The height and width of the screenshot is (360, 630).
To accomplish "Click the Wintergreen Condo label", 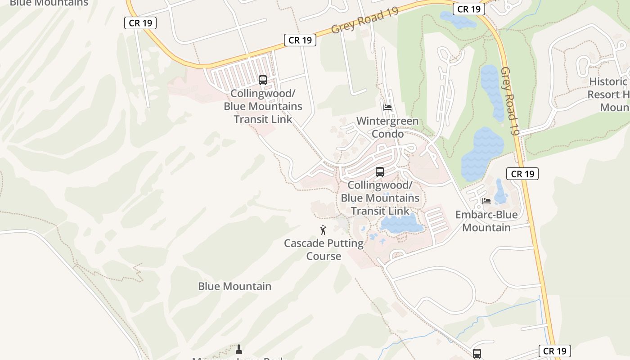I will (x=387, y=127).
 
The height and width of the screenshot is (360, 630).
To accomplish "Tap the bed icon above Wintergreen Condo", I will (x=387, y=108).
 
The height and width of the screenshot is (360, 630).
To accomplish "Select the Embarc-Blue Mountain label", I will (x=486, y=221).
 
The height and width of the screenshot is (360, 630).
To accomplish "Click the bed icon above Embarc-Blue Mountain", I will (x=486, y=201).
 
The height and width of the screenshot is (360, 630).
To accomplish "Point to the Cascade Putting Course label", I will (x=324, y=249).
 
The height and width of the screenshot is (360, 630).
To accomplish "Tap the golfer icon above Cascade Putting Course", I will (x=323, y=230).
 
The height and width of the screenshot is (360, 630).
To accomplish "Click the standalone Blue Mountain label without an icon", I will (x=234, y=286).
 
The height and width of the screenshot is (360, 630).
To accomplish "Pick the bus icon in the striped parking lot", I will (x=263, y=80).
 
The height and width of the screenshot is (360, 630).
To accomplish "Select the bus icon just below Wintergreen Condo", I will (x=380, y=171).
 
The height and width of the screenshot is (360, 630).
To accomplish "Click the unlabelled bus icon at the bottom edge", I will (x=477, y=354).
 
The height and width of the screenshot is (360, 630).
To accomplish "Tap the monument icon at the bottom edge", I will (x=239, y=349).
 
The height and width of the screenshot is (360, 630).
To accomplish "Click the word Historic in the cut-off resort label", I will (x=608, y=81).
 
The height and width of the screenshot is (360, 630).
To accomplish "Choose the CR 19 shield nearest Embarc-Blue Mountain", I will (x=522, y=174).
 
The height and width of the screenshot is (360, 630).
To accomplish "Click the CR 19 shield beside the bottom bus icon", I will (x=554, y=351).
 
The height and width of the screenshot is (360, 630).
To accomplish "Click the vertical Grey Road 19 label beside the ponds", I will (x=510, y=101).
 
